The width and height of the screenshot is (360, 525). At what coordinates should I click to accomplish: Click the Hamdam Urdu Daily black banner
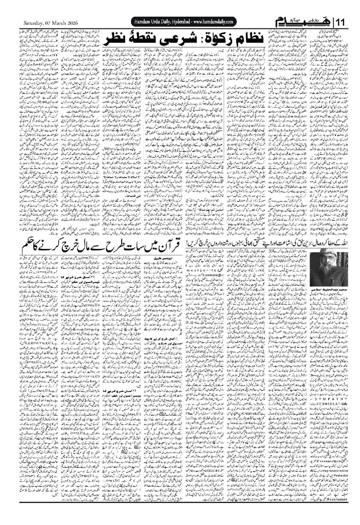184,22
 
